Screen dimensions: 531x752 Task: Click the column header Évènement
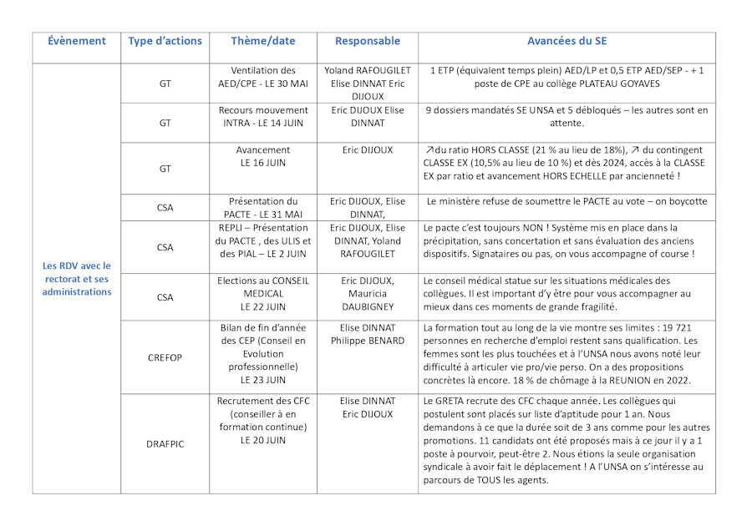pyautogui.click(x=77, y=41)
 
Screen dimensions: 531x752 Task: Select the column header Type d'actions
pyautogui.click(x=165, y=41)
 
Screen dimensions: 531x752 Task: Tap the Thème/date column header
pyautogui.click(x=263, y=41)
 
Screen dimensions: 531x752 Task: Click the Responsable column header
pyautogui.click(x=368, y=41)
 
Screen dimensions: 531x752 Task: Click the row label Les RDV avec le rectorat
pyautogui.click(x=77, y=279)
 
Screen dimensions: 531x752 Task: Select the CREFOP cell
pyautogui.click(x=165, y=356)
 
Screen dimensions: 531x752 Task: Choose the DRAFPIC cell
pyautogui.click(x=165, y=443)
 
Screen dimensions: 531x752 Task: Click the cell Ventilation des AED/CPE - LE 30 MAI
pyautogui.click(x=263, y=78)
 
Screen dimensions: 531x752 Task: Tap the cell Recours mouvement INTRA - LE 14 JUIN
pyautogui.click(x=263, y=116)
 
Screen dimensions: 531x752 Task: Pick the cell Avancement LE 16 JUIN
pyautogui.click(x=263, y=156)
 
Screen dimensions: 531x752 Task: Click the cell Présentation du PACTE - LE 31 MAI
pyautogui.click(x=263, y=207)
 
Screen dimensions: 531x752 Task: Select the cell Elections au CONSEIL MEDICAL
pyautogui.click(x=263, y=295)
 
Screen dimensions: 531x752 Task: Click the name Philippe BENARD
pyautogui.click(x=368, y=341)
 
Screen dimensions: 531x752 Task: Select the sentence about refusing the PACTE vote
pyautogui.click(x=567, y=201)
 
